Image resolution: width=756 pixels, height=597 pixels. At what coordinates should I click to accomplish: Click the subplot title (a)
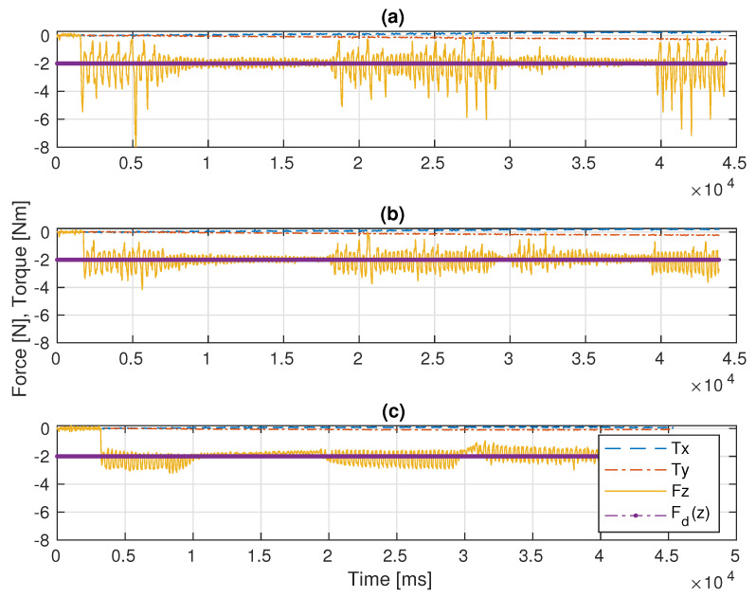[x=395, y=17]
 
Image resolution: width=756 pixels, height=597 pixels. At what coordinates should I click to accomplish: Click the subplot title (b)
[x=395, y=214]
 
